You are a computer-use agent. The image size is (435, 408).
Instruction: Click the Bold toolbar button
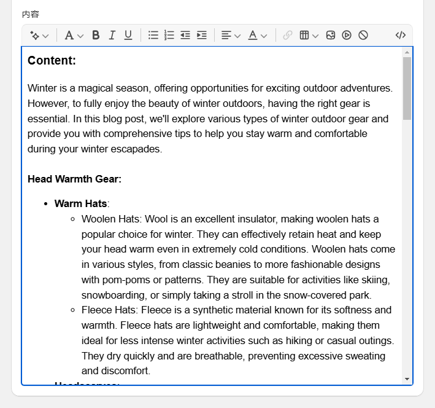(96, 35)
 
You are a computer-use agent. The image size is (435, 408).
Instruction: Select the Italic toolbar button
(112, 35)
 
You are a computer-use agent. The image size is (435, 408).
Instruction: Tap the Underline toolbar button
(128, 35)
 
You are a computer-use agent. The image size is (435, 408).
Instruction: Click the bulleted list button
(153, 35)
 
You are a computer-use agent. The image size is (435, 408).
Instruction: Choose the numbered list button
(169, 35)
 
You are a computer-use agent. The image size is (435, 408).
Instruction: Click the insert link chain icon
(288, 35)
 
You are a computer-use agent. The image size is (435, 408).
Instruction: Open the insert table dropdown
(309, 35)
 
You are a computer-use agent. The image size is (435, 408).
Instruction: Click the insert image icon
(331, 35)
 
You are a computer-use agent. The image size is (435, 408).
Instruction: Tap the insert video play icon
(347, 35)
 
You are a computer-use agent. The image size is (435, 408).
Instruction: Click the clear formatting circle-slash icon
(363, 35)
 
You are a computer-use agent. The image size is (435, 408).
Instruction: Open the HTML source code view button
(401, 35)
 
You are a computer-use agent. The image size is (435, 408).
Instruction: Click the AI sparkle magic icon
(39, 35)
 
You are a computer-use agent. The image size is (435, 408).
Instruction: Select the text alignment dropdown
(231, 35)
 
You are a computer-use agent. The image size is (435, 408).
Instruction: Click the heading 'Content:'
(52, 60)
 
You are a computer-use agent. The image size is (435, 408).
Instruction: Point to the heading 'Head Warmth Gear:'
(74, 179)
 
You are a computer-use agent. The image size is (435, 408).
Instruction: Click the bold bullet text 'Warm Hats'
(80, 203)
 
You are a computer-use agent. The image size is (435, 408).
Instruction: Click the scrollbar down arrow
(407, 379)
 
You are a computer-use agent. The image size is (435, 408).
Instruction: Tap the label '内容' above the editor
(30, 14)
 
